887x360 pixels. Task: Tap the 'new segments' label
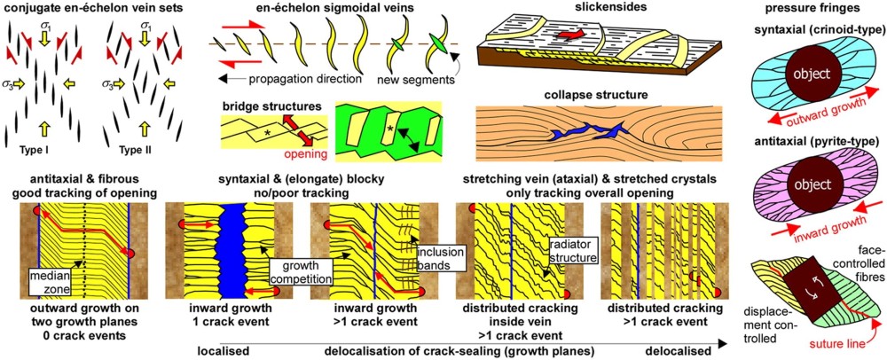(427, 80)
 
